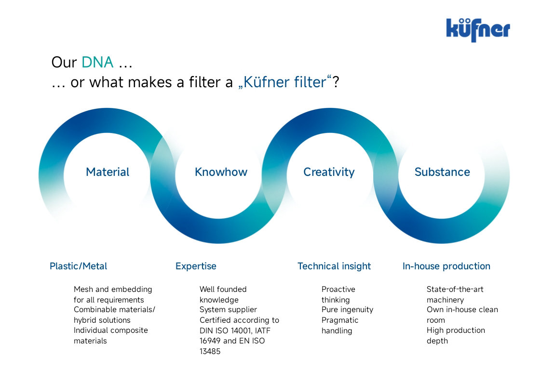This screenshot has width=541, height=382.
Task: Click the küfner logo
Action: [478, 30]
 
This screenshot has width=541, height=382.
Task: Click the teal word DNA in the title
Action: [98, 63]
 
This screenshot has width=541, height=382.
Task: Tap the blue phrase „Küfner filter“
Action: [284, 82]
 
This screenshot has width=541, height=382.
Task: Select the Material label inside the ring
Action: [108, 171]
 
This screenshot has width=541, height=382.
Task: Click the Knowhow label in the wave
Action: [221, 171]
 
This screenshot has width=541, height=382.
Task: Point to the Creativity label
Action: [329, 172]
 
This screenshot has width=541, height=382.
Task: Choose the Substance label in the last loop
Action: [442, 171]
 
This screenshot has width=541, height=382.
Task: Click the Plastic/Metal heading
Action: [78, 266]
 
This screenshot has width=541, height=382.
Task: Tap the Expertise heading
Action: [196, 266]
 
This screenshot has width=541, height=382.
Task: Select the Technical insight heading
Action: [334, 266]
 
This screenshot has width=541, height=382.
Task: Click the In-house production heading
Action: [446, 266]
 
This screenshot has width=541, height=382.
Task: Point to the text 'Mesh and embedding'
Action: [113, 290]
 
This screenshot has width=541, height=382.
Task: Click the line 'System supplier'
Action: [228, 310]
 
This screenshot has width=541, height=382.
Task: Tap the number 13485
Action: [210, 351]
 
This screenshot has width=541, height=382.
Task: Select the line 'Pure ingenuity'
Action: [348, 310]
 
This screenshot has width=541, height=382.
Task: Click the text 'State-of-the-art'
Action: [455, 289]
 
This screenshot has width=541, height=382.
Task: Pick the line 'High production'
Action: [456, 330]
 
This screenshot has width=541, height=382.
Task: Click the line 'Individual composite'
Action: [111, 330]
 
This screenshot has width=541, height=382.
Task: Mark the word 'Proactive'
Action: [338, 289]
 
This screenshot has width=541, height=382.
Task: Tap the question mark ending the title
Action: [336, 82]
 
